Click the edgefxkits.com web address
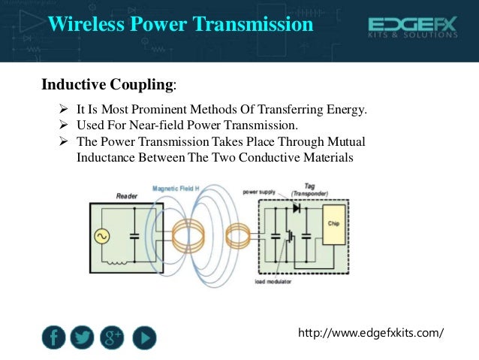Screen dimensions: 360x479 pyautogui.click(x=371, y=331)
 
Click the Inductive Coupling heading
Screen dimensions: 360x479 pyautogui.click(x=109, y=83)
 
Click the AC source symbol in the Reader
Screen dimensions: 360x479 pyautogui.click(x=101, y=237)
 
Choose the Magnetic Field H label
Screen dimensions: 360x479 pyautogui.click(x=177, y=189)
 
